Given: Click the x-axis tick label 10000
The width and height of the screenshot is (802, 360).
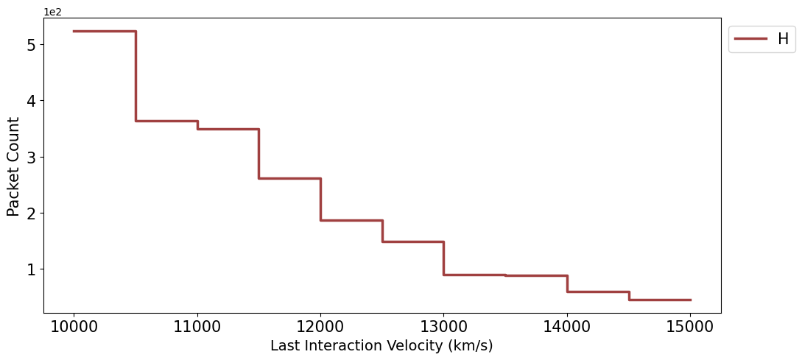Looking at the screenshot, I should (74, 326).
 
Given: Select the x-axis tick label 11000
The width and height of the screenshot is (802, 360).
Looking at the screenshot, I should (197, 326).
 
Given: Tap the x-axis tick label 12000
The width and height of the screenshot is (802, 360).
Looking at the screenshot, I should (320, 326).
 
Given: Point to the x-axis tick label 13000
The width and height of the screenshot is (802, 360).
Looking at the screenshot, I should (443, 326).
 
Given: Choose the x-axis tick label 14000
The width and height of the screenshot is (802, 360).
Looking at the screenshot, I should (566, 326).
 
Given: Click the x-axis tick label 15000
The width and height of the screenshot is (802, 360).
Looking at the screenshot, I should (689, 326).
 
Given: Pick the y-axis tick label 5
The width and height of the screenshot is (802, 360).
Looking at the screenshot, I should (31, 45).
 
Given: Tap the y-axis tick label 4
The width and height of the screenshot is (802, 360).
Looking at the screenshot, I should (31, 101).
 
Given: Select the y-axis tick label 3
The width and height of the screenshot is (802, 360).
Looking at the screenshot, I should (31, 157).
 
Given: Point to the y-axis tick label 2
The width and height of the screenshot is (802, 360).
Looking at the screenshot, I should (31, 213).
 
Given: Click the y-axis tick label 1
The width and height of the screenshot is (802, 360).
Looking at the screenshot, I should (31, 269).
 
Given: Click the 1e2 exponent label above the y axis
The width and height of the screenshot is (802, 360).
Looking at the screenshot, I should (52, 12).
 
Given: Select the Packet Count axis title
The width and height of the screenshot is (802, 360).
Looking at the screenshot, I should (13, 166).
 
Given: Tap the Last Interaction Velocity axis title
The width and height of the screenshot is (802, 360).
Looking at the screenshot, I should (381, 346).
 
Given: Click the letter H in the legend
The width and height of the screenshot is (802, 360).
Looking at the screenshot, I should (783, 40).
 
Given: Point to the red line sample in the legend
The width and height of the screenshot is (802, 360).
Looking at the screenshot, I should (750, 40).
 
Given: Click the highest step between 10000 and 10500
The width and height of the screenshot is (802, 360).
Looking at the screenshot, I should (105, 31).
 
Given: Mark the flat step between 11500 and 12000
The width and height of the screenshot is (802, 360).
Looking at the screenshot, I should (289, 178).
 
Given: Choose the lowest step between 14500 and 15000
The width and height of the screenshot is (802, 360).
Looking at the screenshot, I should (659, 300).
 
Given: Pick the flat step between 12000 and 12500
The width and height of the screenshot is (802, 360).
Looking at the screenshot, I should (351, 220).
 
